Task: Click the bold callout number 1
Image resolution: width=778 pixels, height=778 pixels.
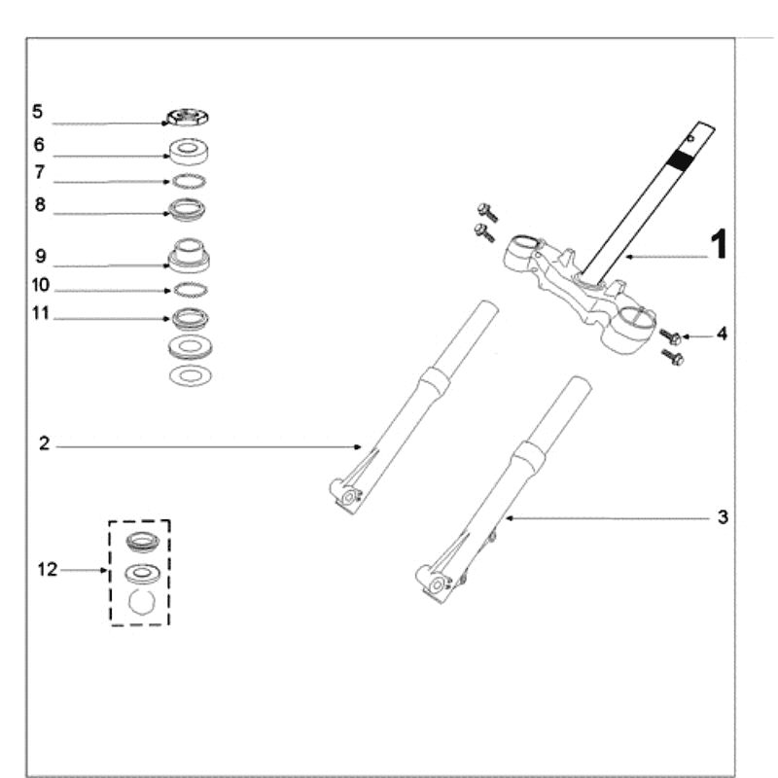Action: (718, 245)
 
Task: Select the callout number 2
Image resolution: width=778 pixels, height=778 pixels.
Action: (44, 444)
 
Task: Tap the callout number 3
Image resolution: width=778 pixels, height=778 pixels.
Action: (723, 517)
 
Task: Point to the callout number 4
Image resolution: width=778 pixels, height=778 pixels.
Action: (722, 334)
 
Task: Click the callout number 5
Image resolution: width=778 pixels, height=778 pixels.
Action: (37, 112)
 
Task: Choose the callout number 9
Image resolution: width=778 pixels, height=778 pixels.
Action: (40, 256)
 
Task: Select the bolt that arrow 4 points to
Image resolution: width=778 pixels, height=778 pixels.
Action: (669, 336)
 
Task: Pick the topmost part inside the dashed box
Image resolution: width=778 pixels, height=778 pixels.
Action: (142, 542)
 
